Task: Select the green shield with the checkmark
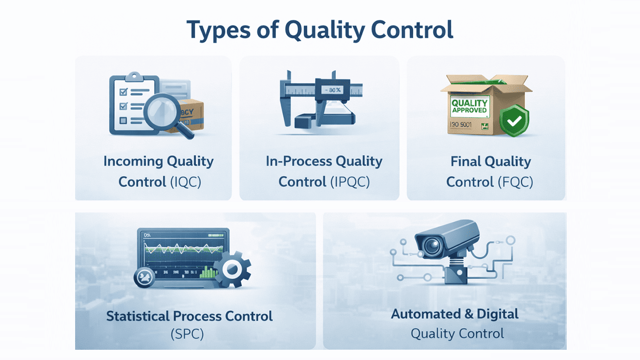(x=514, y=121)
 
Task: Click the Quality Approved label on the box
(x=469, y=106)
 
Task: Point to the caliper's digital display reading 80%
(x=333, y=90)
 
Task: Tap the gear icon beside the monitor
(x=233, y=268)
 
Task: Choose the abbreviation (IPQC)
(x=350, y=182)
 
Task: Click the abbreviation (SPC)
(x=187, y=334)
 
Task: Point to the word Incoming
(x=133, y=161)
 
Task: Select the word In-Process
(x=299, y=161)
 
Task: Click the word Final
(x=466, y=161)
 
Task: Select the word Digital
(x=498, y=314)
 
